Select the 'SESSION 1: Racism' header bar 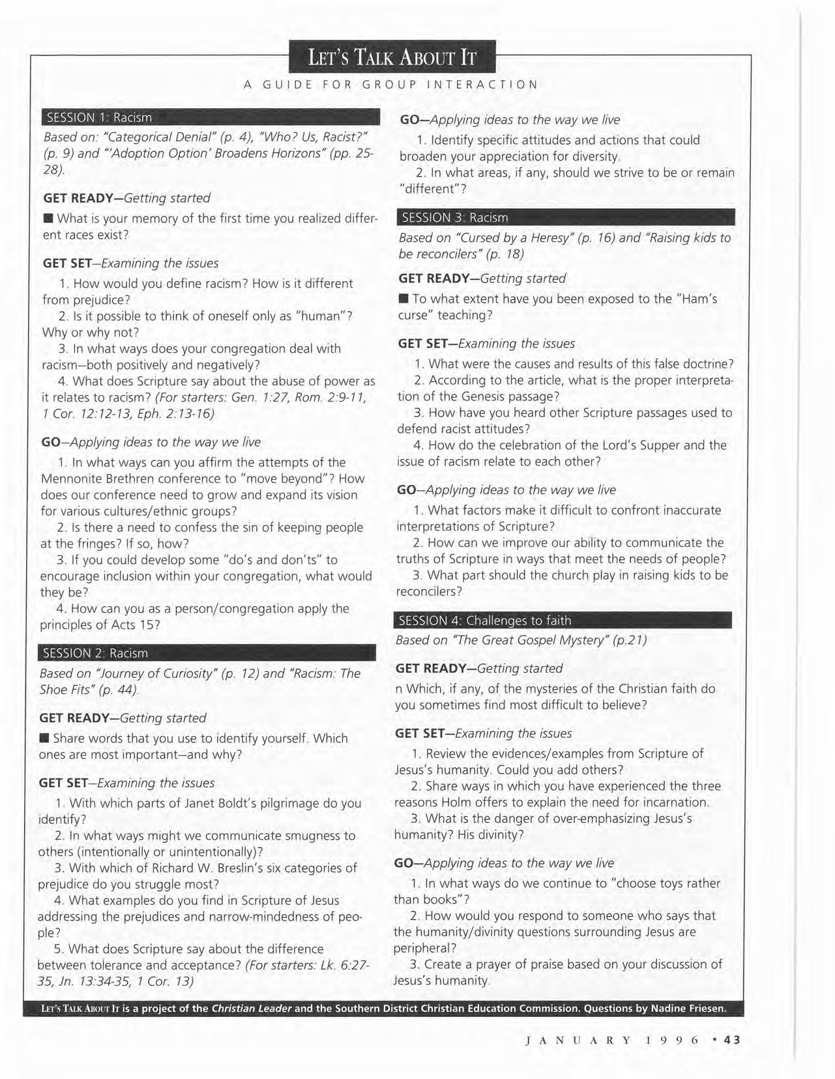(x=210, y=117)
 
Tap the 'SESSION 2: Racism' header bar (x=207, y=653)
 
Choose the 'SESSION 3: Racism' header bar (x=566, y=217)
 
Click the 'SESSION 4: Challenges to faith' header (x=563, y=620)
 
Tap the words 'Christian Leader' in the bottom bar (x=252, y=1009)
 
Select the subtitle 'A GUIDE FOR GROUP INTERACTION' (x=391, y=84)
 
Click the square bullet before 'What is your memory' (x=48, y=218)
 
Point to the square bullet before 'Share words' (x=44, y=738)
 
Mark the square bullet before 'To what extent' (x=403, y=299)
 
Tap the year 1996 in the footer (x=672, y=1040)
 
